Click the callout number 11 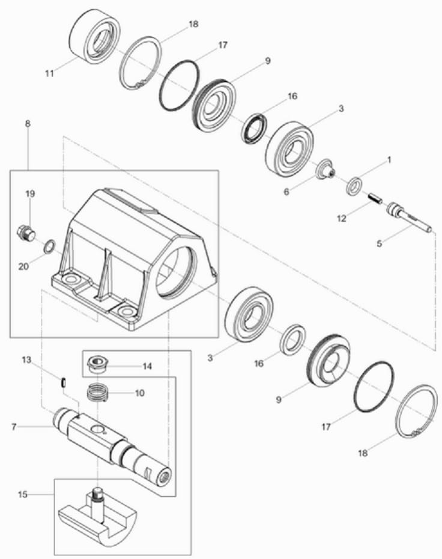[49, 73]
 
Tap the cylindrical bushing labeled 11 [94, 37]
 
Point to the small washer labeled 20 [49, 246]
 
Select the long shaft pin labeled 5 [410, 217]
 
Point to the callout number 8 [28, 124]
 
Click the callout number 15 [22, 495]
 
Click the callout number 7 [14, 426]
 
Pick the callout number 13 [26, 359]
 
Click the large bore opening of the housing [177, 273]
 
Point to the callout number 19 [30, 194]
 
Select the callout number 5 [380, 244]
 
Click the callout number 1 [389, 160]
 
